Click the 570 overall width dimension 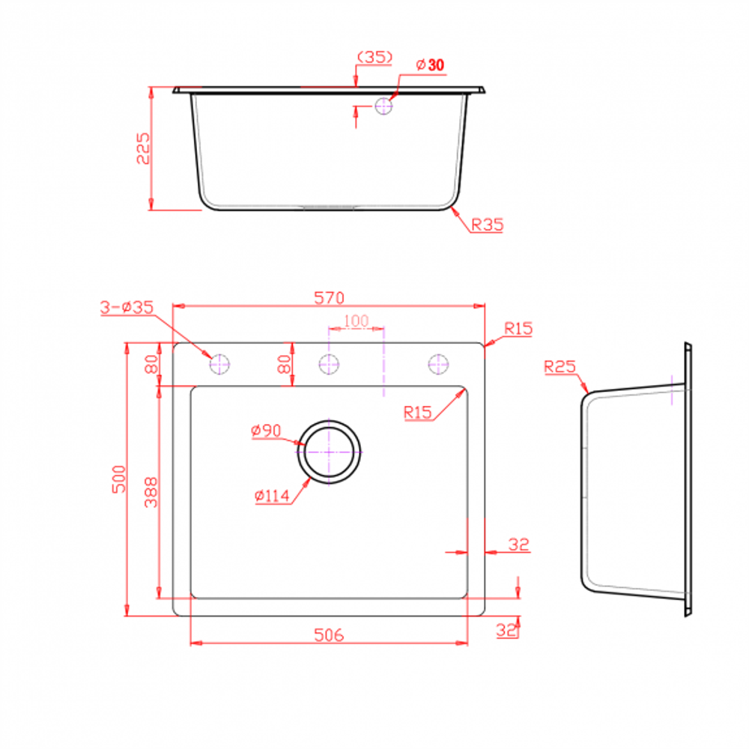[329, 297]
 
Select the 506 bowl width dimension [329, 635]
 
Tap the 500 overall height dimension [119, 479]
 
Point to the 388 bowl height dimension [151, 492]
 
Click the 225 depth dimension [143, 148]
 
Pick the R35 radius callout [488, 225]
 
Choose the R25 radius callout [560, 367]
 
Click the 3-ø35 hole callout [127, 307]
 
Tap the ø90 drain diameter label [266, 431]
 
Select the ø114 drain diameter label [272, 496]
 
